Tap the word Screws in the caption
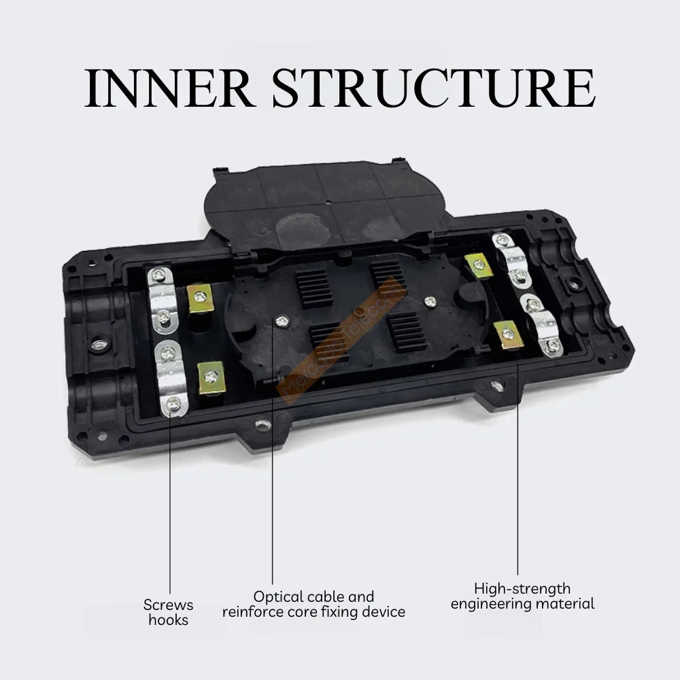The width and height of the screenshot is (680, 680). coord(168,605)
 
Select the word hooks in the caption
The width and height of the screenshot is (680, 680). coord(168,619)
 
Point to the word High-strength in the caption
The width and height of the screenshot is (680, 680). coord(522,588)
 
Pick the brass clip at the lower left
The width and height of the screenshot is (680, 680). coord(211,375)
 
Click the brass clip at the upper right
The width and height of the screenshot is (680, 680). coord(479,265)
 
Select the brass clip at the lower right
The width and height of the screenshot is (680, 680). coord(508,334)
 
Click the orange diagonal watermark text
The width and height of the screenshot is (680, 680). coord(347,340)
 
